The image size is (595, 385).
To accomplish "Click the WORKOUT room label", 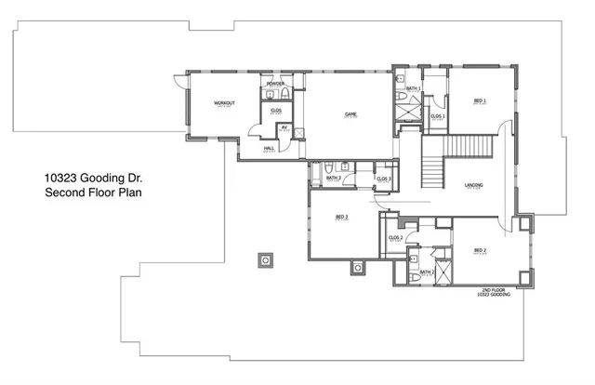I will (x=222, y=101).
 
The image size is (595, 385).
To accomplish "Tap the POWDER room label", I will (x=275, y=84).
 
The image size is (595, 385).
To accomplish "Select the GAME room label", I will (x=351, y=114).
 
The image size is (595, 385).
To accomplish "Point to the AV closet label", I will (x=284, y=127).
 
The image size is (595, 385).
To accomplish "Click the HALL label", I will (x=268, y=148).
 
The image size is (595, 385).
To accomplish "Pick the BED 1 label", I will (x=480, y=100).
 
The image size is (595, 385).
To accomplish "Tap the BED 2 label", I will (x=480, y=250).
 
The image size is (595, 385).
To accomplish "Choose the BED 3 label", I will (x=341, y=217).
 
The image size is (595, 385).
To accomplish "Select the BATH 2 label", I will (x=426, y=272).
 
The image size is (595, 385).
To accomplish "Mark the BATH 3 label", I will (x=333, y=178).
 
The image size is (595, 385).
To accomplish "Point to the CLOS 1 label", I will (x=437, y=116).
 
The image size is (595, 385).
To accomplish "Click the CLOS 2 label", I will (x=394, y=237).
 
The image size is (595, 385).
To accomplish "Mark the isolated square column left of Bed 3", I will (x=267, y=261).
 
